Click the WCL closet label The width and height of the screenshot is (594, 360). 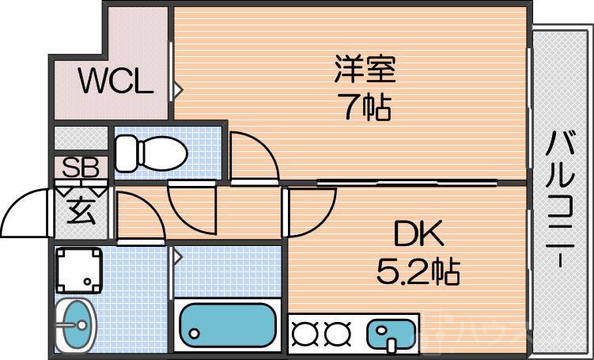[115, 82]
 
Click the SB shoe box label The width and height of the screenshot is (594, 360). [81, 168]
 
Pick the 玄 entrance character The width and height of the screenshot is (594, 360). [81, 212]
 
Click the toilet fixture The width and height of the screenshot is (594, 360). [149, 152]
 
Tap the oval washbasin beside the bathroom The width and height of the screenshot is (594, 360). [76, 325]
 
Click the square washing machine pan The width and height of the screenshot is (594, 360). [79, 269]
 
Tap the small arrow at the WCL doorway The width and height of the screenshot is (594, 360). [179, 88]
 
